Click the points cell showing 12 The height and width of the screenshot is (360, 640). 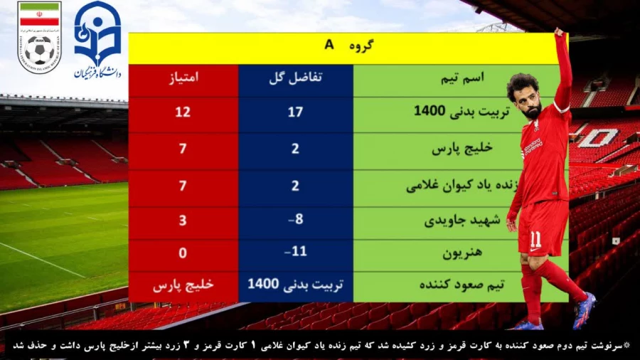pyautogui.click(x=183, y=112)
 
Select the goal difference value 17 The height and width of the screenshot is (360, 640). pyautogui.click(x=295, y=112)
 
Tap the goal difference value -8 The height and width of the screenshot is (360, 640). pyautogui.click(x=295, y=219)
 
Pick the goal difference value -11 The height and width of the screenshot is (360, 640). pyautogui.click(x=295, y=252)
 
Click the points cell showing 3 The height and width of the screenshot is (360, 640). pyautogui.click(x=183, y=220)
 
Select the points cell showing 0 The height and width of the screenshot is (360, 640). pyautogui.click(x=183, y=253)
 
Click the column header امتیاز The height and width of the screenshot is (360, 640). pyautogui.click(x=183, y=78)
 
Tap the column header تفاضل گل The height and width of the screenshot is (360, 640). pyautogui.click(x=295, y=78)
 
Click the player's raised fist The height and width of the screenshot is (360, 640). pyautogui.click(x=560, y=34)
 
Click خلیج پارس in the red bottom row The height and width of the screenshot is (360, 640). pyautogui.click(x=183, y=285)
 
